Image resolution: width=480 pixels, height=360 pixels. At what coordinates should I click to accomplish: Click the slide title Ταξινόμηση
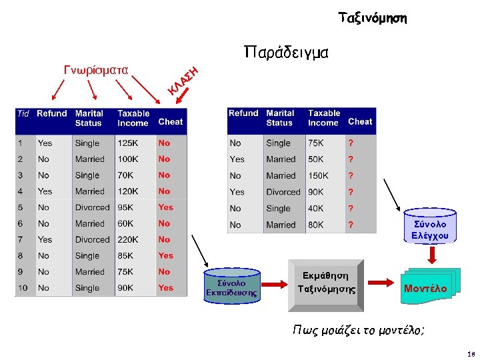(x=372, y=18)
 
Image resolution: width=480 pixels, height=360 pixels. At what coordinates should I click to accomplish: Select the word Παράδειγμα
(x=286, y=53)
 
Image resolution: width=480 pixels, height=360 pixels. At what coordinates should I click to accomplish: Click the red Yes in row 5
(x=165, y=207)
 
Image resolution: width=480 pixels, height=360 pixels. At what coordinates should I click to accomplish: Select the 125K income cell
(x=129, y=143)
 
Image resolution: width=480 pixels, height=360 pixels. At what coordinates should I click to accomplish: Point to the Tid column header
(x=23, y=114)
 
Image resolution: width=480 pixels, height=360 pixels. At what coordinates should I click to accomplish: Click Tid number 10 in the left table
(x=23, y=288)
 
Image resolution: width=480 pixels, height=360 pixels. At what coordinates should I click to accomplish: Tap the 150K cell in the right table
(x=318, y=175)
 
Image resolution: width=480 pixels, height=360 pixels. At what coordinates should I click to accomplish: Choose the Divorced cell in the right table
(x=283, y=192)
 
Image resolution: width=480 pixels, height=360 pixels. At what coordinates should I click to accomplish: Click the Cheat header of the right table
(x=360, y=121)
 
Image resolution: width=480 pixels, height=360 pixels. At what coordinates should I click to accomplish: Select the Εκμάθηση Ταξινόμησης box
(x=326, y=283)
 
